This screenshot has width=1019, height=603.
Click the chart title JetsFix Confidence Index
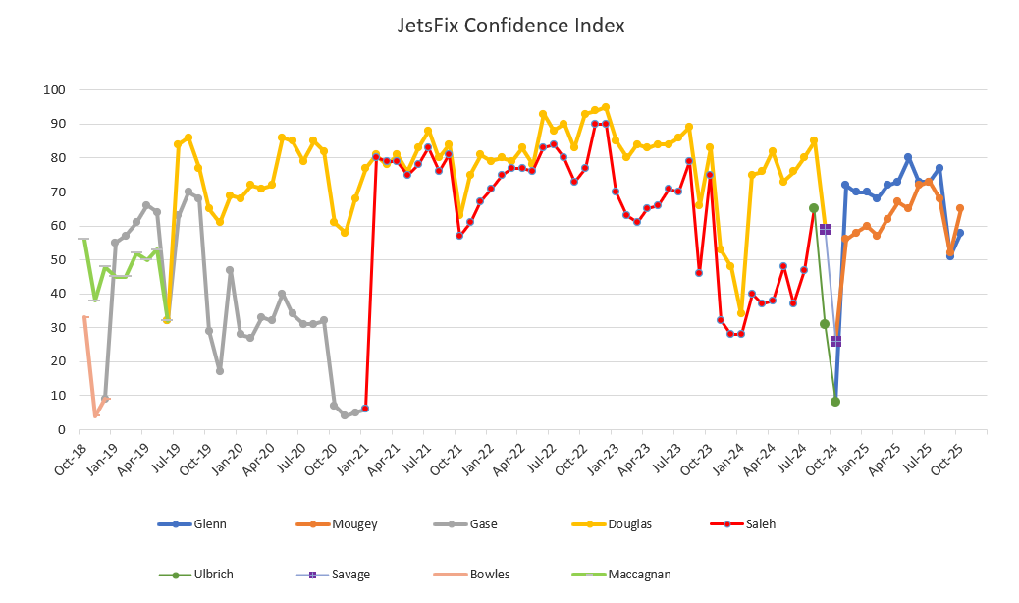(x=509, y=25)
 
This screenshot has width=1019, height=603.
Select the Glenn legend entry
(x=210, y=524)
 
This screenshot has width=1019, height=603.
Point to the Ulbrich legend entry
(x=214, y=575)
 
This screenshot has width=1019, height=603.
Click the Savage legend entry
(x=350, y=575)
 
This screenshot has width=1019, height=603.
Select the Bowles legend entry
(x=488, y=575)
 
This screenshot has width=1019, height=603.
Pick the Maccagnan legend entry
(x=639, y=575)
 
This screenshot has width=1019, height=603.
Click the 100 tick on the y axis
(x=55, y=90)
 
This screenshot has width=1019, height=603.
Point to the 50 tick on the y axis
(x=58, y=260)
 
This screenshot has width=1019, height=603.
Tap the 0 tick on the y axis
(x=61, y=430)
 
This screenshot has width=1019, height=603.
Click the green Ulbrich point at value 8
(x=835, y=402)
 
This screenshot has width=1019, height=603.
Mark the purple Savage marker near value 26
(x=835, y=341)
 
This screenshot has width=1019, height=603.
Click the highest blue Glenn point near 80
(x=908, y=157)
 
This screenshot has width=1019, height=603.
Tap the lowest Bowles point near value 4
(x=95, y=415)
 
